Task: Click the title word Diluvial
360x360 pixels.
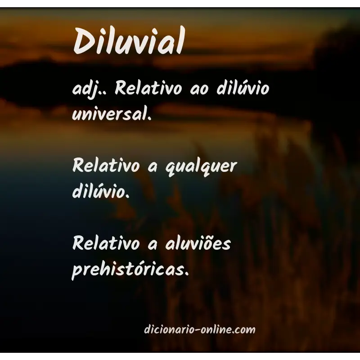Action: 129,41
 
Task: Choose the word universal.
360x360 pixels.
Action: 109,113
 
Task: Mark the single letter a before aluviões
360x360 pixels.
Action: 152,245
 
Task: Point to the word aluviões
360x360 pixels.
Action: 197,244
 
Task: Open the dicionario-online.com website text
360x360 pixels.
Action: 199,330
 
